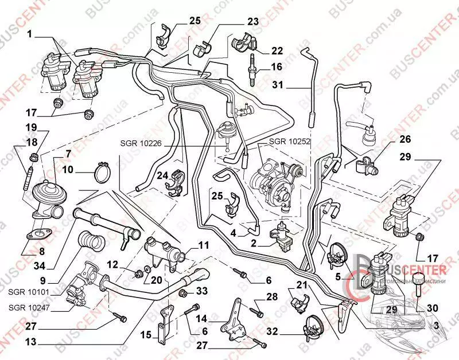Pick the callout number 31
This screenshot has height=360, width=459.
click(278, 87)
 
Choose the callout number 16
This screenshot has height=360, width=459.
click(277, 66)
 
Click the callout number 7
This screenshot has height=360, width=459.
click(68, 154)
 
